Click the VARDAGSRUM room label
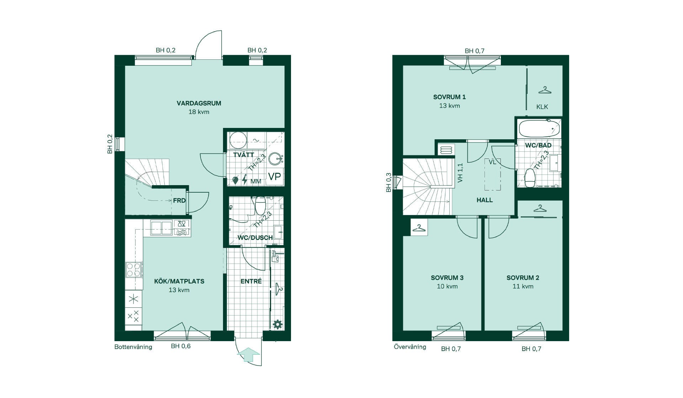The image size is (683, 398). (x=199, y=103)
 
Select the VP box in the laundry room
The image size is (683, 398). (x=274, y=177)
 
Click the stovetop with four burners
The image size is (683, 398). (x=134, y=270)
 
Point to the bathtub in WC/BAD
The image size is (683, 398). (x=538, y=129)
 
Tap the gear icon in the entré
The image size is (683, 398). (x=277, y=324)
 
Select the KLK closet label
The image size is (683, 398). (x=542, y=107)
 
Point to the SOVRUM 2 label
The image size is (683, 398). (x=523, y=278)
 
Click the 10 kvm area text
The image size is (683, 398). (x=447, y=286)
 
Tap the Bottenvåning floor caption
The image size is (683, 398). (x=133, y=347)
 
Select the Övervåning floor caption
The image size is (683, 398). (x=410, y=346)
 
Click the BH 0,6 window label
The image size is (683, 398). (x=181, y=346)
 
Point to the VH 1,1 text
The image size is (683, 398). (x=460, y=173)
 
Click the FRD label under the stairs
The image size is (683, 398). (x=179, y=201)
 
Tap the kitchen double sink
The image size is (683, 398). (x=162, y=228)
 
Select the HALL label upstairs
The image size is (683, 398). (x=485, y=200)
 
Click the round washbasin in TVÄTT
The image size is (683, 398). (x=275, y=159)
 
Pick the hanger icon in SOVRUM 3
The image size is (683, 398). (x=419, y=228)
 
